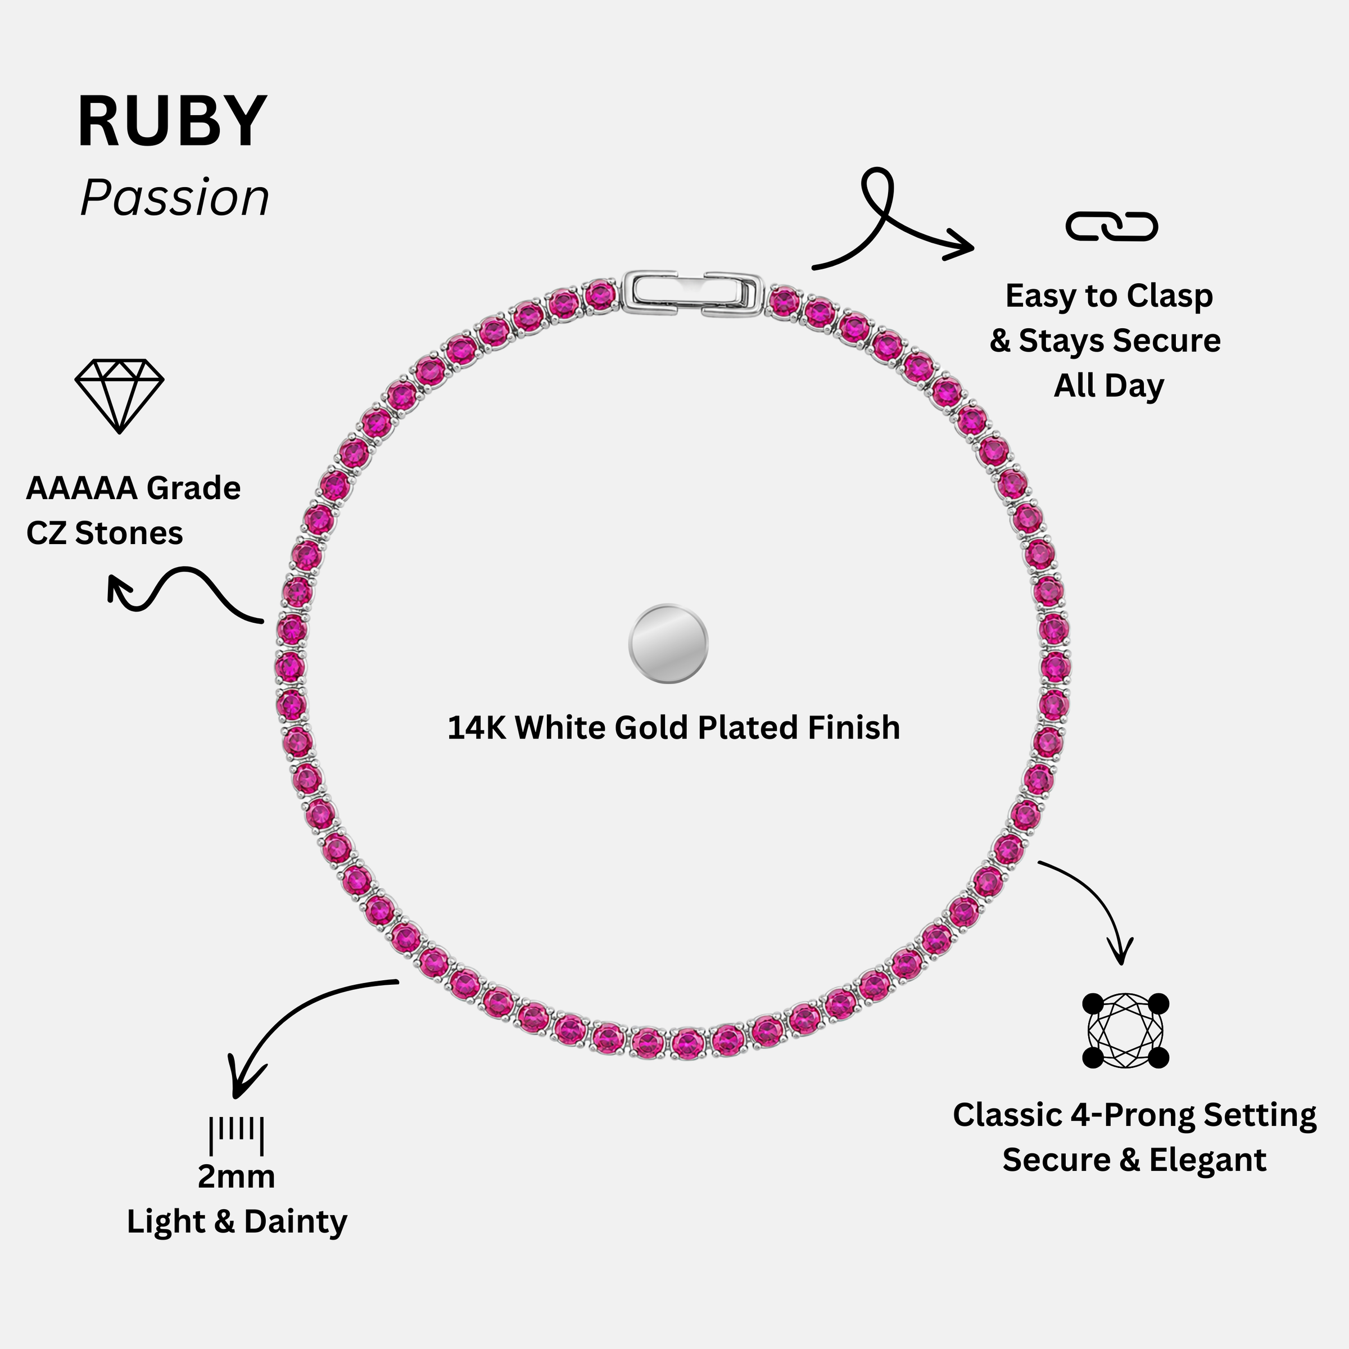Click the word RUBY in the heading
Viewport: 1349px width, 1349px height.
pos(172,121)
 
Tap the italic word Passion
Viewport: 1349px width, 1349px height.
pos(175,198)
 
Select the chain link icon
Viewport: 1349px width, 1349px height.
pos(1112,226)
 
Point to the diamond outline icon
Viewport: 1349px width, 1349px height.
pos(119,396)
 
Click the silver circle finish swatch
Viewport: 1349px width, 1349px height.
pos(668,643)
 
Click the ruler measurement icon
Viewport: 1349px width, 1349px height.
pos(237,1136)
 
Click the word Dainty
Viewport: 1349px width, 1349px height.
pos(295,1223)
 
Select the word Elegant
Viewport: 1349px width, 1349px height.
pos(1208,1161)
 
